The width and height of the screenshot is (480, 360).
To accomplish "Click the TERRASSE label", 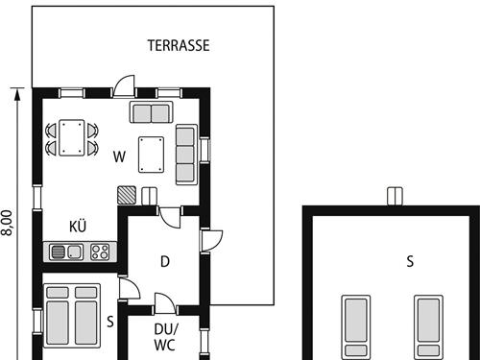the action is pyautogui.click(x=179, y=45).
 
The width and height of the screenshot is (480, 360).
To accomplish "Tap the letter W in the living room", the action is pyautogui.click(x=119, y=156).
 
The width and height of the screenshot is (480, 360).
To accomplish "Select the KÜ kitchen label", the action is pyautogui.click(x=78, y=226).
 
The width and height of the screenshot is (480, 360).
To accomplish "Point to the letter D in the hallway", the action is pyautogui.click(x=165, y=262).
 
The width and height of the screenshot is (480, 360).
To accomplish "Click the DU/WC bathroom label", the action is pyautogui.click(x=165, y=337).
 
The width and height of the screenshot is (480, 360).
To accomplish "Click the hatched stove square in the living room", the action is pyautogui.click(x=127, y=195).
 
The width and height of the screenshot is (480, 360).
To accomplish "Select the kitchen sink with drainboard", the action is pyautogui.click(x=66, y=252).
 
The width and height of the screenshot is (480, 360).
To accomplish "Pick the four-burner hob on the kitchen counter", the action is pyautogui.click(x=100, y=252).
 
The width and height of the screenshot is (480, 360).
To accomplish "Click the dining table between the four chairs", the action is pyautogui.click(x=72, y=137).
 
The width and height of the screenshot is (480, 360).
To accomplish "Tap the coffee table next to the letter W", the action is pyautogui.click(x=152, y=155).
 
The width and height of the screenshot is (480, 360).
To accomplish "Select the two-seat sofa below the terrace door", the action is pyautogui.click(x=151, y=112).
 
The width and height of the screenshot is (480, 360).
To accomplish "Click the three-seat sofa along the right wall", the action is pyautogui.click(x=186, y=155).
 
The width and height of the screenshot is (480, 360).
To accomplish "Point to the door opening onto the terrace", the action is pyautogui.click(x=124, y=86).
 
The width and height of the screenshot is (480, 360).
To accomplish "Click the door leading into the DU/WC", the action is pyautogui.click(x=165, y=303).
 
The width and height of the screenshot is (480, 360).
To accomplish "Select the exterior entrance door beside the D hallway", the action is pyautogui.click(x=211, y=240).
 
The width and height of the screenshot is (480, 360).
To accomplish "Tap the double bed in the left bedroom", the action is pyautogui.click(x=72, y=316).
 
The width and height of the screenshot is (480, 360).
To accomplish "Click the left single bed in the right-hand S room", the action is pyautogui.click(x=356, y=327).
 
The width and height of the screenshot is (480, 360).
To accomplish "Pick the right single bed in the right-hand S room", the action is pyautogui.click(x=429, y=327).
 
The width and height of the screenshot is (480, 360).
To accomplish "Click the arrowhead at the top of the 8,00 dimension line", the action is pyautogui.click(x=17, y=94).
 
